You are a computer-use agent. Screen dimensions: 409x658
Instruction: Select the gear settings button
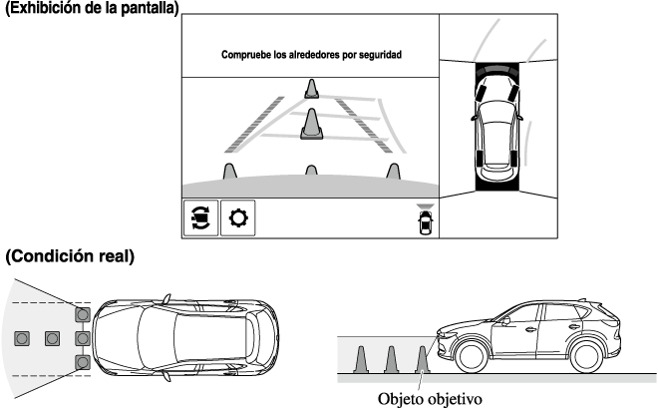237,216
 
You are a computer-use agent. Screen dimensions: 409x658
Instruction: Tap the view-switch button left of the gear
199,216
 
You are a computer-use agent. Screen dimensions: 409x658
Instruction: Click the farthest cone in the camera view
311,91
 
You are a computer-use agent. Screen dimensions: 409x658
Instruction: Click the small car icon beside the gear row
427,222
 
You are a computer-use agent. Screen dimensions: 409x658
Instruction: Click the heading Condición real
69,257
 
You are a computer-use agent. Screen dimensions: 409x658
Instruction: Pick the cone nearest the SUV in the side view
423,358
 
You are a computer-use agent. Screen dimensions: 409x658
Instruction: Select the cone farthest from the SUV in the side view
362,358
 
